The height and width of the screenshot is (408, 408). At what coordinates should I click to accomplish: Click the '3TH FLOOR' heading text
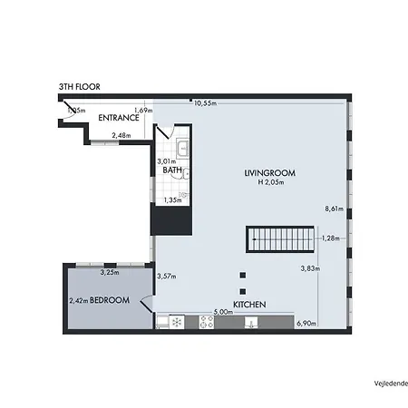coord(79,87)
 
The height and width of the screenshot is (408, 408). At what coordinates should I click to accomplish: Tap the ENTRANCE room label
coord(119,117)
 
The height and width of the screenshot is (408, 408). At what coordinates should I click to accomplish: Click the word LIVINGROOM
coord(270,172)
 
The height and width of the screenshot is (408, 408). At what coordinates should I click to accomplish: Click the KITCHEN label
coord(249,305)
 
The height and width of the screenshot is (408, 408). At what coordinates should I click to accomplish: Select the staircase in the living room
coord(279,240)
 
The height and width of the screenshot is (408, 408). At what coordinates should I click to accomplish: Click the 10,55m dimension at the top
coord(205,103)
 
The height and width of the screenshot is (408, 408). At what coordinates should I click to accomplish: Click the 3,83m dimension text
coord(310,268)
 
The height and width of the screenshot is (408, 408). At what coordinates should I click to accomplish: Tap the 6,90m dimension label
coord(306,324)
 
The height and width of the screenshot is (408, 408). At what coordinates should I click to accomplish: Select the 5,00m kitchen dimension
coord(222,312)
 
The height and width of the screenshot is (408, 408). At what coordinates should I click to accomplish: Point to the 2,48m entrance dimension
coord(121,136)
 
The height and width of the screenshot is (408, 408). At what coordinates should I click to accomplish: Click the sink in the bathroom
coord(183,149)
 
